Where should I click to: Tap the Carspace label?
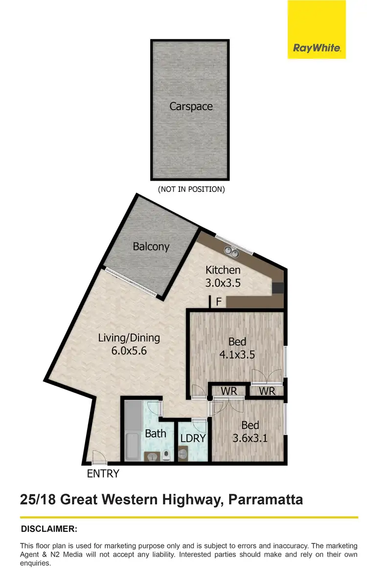tap(191, 106)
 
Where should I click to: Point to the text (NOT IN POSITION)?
tap(191, 189)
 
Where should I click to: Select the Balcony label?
tap(151, 246)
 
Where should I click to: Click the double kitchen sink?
tap(231, 252)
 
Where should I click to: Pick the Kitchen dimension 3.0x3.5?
tap(223, 283)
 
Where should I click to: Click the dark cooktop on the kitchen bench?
tap(278, 288)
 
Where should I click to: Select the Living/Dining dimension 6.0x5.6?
tap(129, 350)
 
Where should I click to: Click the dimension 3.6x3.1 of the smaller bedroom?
tap(250, 438)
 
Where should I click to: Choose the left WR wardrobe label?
tap(229, 391)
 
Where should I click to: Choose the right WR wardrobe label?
tap(267, 391)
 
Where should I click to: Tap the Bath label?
tap(155, 433)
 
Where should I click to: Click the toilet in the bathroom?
tap(167, 456)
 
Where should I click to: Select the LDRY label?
tap(192, 438)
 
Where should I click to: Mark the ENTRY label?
tap(103, 474)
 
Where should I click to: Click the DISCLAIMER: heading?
tap(49, 529)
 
